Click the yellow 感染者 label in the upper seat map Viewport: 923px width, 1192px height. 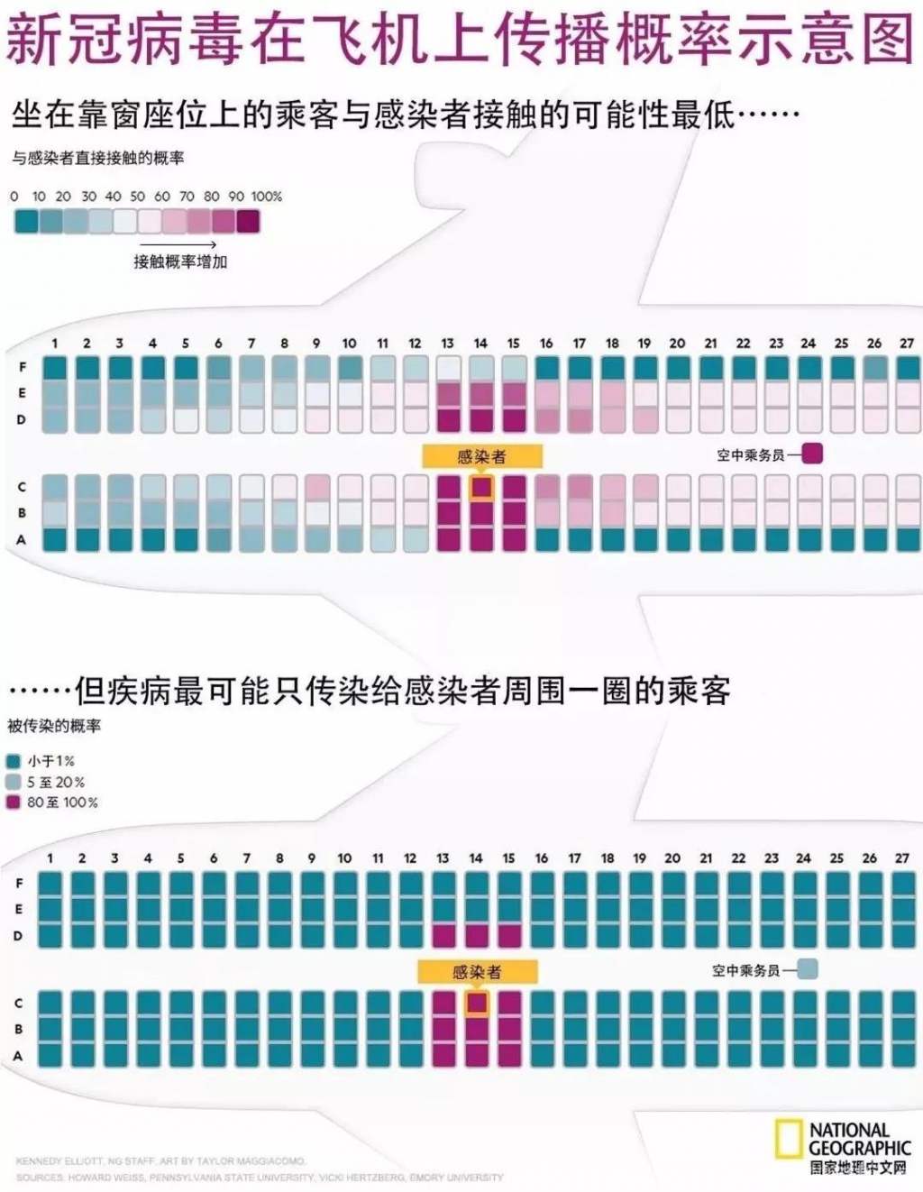pyautogui.click(x=481, y=456)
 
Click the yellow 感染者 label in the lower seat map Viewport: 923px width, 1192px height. pyautogui.click(x=477, y=971)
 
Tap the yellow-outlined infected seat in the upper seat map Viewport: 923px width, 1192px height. pyautogui.click(x=481, y=487)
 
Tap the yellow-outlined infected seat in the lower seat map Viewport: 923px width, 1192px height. pyautogui.click(x=477, y=1003)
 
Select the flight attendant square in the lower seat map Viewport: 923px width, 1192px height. pyautogui.click(x=807, y=969)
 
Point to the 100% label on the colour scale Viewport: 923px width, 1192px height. pyautogui.click(x=267, y=196)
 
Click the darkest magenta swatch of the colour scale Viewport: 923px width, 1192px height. pyautogui.click(x=248, y=221)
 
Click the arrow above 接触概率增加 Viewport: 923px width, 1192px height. pyautogui.click(x=178, y=244)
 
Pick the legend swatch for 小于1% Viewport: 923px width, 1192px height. pyautogui.click(x=14, y=761)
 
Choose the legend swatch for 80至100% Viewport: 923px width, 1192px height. pyautogui.click(x=14, y=802)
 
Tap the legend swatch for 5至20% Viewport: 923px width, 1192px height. pyautogui.click(x=14, y=782)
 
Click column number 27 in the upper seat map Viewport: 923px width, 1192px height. pyautogui.click(x=906, y=344)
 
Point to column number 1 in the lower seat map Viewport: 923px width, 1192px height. pyautogui.click(x=50, y=858)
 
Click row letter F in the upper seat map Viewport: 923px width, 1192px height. pyautogui.click(x=23, y=367)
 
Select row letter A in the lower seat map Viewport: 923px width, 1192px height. pyautogui.click(x=18, y=1056)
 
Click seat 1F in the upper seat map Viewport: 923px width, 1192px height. pyautogui.click(x=55, y=368)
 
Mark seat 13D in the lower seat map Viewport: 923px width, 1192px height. pyautogui.click(x=443, y=935)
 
